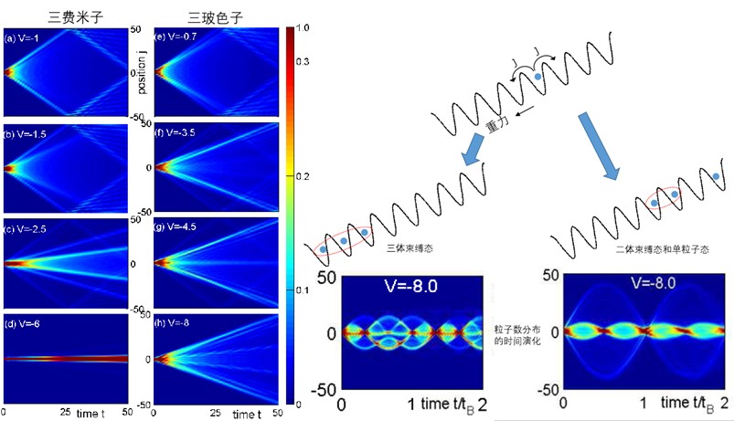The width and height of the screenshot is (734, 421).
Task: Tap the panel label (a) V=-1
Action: tap(26, 38)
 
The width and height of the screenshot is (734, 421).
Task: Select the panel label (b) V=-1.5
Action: tap(29, 133)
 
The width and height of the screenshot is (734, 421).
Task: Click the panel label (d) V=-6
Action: tap(26, 322)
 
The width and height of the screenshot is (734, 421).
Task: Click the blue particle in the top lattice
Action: tap(538, 78)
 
